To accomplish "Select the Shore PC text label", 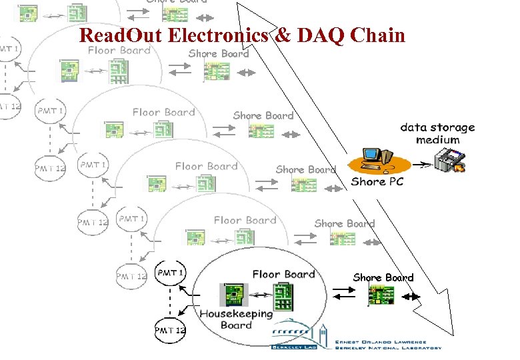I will (x=377, y=181).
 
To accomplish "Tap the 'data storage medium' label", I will (x=437, y=133).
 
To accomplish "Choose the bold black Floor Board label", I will (x=283, y=274).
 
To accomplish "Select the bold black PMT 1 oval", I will (x=171, y=272).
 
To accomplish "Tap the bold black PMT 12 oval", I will (x=170, y=330).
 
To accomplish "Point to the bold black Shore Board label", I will (x=383, y=277).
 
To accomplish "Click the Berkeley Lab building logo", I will (x=299, y=336).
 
